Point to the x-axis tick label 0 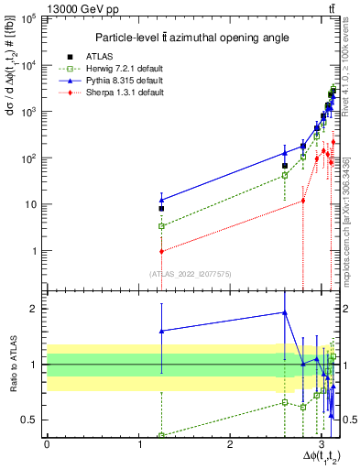(47, 444)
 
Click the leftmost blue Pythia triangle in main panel (161, 200)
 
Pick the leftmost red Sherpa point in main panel (161, 251)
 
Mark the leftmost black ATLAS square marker (161, 208)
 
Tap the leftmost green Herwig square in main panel (161, 225)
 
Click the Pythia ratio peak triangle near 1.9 (285, 312)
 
